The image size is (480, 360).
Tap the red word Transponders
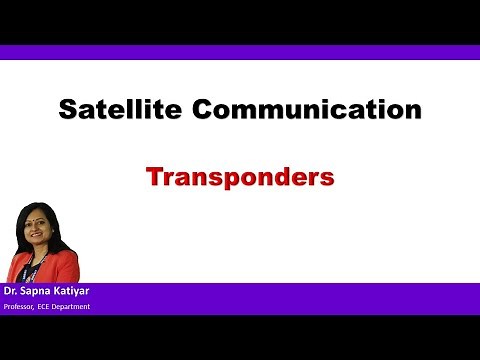coord(239,178)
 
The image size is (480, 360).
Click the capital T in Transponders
coord(154,178)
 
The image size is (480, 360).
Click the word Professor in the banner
coord(22,306)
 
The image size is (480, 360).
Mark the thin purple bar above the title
coord(240,52)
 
